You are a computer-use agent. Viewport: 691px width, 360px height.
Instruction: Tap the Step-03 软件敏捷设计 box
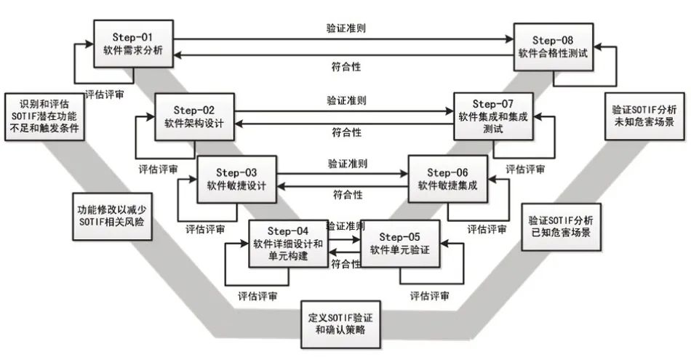pyautogui.click(x=236, y=179)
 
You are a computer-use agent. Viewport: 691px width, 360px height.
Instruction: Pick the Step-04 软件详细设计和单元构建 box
pyautogui.click(x=288, y=242)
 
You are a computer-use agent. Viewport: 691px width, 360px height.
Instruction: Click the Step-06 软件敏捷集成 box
pyautogui.click(x=447, y=179)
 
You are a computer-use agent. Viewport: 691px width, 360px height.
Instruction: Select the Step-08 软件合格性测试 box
pyautogui.click(x=553, y=46)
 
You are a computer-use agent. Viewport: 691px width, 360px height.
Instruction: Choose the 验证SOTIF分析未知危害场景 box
pyautogui.click(x=644, y=115)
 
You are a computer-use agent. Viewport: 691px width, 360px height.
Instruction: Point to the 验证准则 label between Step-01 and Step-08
pyautogui.click(x=345, y=29)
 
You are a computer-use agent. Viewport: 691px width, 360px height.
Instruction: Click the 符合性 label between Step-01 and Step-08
pyautogui.click(x=345, y=67)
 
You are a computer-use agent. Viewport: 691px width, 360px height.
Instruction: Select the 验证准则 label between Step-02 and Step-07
pyautogui.click(x=345, y=100)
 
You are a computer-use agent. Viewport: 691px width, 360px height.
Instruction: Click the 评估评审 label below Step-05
pyautogui.click(x=428, y=296)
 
